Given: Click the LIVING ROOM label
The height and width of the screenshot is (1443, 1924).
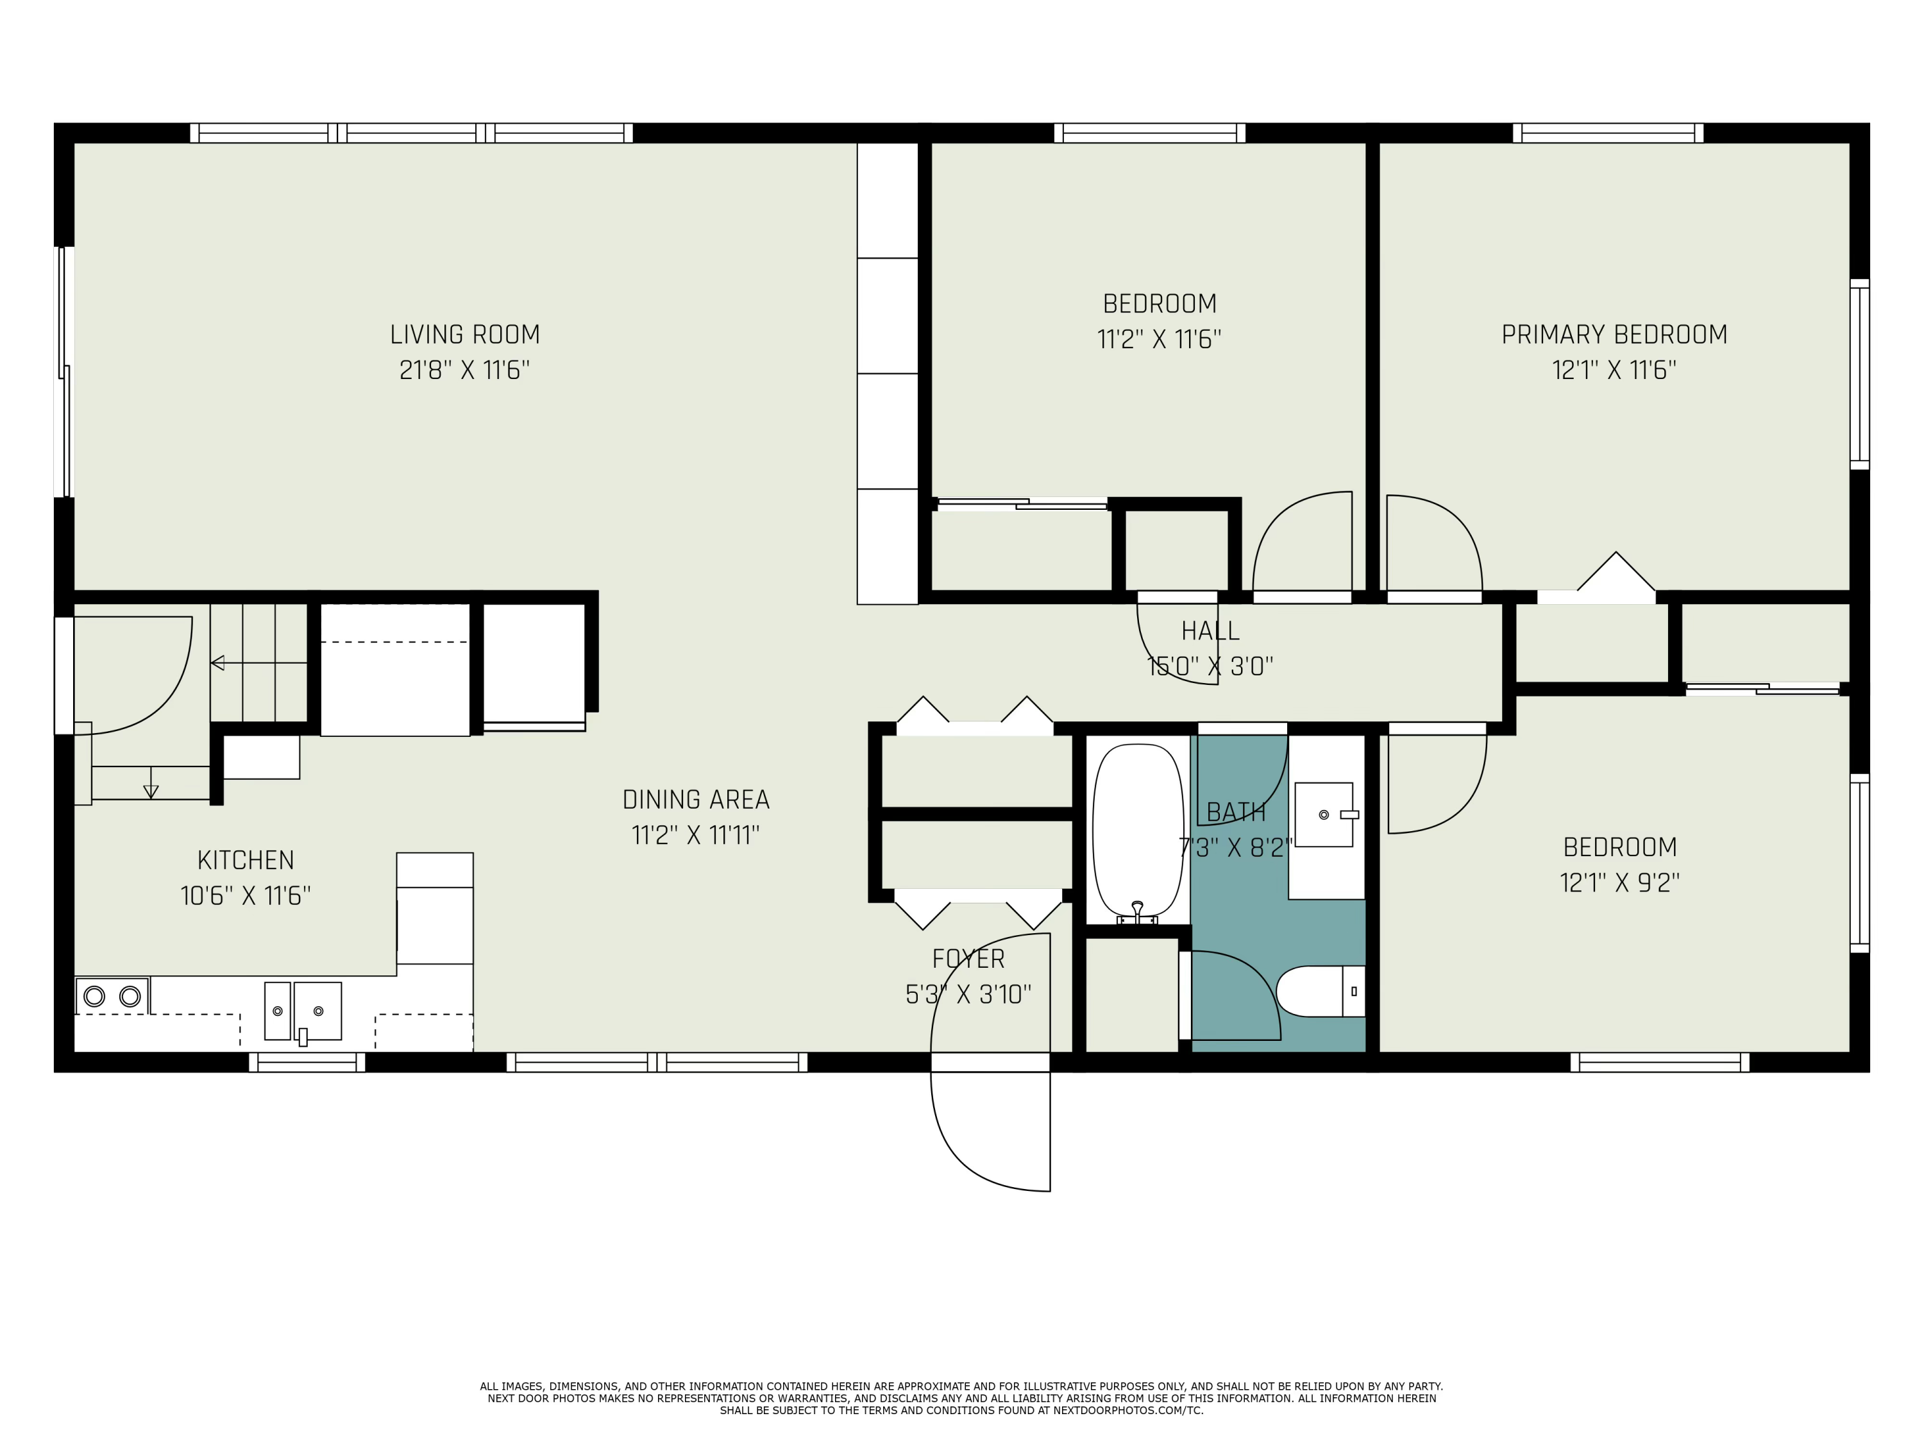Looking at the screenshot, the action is pyautogui.click(x=464, y=335).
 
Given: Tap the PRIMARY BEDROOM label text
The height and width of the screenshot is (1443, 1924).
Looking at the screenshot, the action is pyautogui.click(x=1614, y=335).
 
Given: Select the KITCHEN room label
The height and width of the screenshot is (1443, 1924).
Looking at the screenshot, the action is pyautogui.click(x=245, y=860).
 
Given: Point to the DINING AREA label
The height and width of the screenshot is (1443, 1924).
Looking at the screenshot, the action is pyautogui.click(x=696, y=799).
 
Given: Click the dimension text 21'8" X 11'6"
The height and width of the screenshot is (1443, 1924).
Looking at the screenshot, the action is pyautogui.click(x=464, y=371).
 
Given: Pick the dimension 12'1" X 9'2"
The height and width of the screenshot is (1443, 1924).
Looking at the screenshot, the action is pyautogui.click(x=1619, y=883).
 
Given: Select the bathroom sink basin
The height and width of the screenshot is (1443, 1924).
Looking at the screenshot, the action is pyautogui.click(x=1324, y=814).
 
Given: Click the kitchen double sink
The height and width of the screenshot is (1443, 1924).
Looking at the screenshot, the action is pyautogui.click(x=303, y=1011).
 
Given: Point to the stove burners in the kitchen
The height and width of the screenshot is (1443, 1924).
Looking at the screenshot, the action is pyautogui.click(x=112, y=996).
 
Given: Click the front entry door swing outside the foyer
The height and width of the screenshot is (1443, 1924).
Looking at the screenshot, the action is pyautogui.click(x=990, y=1131).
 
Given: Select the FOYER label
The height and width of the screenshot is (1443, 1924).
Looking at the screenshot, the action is pyautogui.click(x=968, y=959).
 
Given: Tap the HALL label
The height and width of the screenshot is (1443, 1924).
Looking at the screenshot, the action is pyautogui.click(x=1210, y=630).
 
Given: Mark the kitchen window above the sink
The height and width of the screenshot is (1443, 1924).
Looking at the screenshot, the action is pyautogui.click(x=307, y=1062).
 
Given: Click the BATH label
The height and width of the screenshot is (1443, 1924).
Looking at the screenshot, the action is pyautogui.click(x=1236, y=813).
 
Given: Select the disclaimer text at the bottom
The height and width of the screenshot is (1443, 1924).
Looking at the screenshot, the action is pyautogui.click(x=961, y=1397).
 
